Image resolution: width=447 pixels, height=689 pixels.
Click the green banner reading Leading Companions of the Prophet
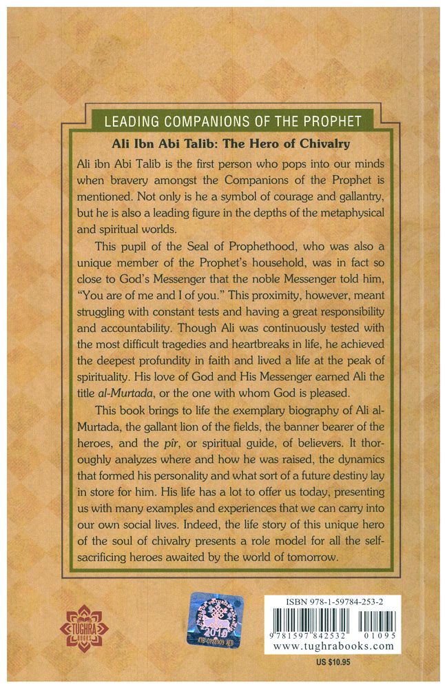coord(233,123)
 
